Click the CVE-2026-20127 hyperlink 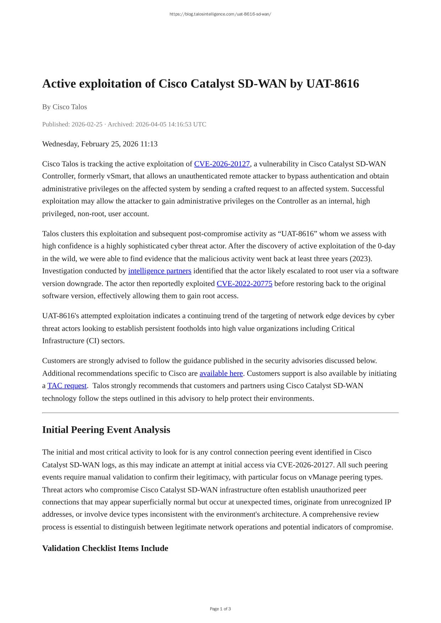222,164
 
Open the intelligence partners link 159,271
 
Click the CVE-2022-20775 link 244,283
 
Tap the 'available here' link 221,373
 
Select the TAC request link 67,386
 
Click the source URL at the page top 220,14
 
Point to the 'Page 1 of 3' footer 220,609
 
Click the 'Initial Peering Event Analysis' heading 106,430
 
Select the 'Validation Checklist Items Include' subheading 105,548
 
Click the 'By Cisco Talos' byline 65,107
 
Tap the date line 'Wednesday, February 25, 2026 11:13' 100,144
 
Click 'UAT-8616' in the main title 332,84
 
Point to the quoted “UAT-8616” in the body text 296,234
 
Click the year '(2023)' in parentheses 361,259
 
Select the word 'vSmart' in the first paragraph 118,176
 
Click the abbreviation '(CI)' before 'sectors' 92,341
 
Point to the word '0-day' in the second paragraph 386,246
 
